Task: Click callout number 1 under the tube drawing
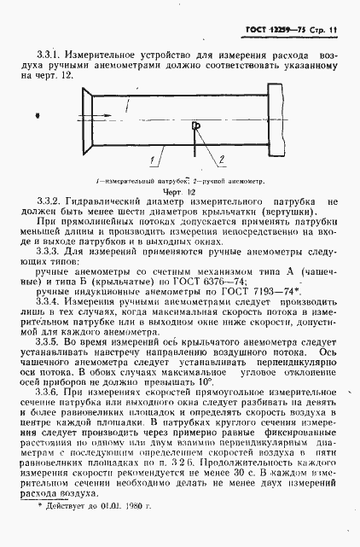tap(151, 160)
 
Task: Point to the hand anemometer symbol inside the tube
tap(197, 126)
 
